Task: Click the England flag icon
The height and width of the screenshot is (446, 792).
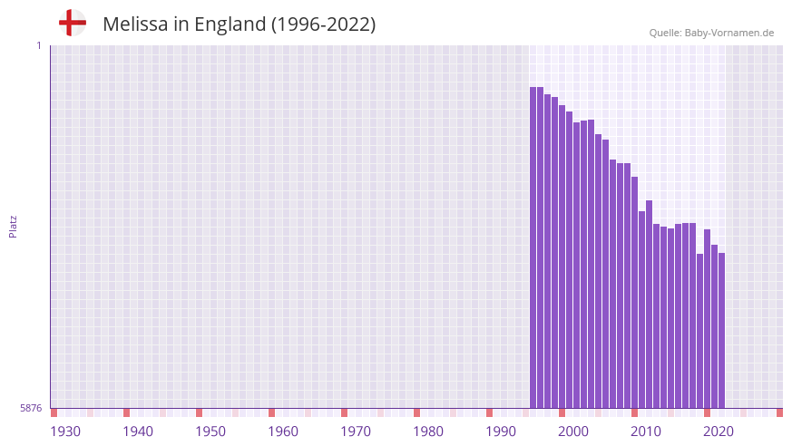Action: (72, 23)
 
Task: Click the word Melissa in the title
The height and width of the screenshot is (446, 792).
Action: (135, 24)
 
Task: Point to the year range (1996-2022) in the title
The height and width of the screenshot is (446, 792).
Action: (323, 24)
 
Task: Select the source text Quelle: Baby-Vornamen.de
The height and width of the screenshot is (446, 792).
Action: (711, 33)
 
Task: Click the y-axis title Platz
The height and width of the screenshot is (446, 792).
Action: (13, 227)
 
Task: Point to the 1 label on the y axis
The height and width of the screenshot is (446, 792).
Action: (38, 45)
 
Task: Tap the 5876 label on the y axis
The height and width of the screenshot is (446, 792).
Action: (31, 409)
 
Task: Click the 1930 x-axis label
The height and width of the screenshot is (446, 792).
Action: (65, 431)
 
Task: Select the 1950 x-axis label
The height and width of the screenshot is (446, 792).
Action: (210, 431)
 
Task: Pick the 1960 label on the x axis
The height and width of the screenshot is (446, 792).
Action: (283, 431)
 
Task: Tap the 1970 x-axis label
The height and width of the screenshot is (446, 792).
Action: (356, 431)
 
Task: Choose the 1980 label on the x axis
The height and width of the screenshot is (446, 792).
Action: (428, 431)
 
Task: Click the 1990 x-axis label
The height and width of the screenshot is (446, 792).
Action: (501, 431)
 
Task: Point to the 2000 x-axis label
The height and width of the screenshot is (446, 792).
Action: (573, 431)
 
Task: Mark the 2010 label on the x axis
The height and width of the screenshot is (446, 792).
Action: (646, 431)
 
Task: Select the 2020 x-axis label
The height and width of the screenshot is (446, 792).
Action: (719, 431)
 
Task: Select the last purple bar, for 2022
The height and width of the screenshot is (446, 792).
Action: (721, 331)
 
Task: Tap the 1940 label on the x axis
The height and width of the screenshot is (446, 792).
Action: (138, 431)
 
